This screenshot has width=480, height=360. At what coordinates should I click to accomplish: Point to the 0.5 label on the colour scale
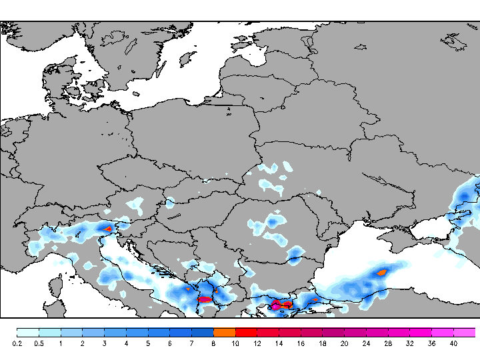pyautogui.click(x=39, y=343)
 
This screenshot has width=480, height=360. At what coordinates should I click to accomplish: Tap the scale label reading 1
pyautogui.click(x=61, y=343)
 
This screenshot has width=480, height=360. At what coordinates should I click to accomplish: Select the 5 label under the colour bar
pyautogui.click(x=148, y=343)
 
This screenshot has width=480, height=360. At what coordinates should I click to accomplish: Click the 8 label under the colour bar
pyautogui.click(x=213, y=343)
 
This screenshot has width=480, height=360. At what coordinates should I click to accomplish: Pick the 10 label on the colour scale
pyautogui.click(x=235, y=343)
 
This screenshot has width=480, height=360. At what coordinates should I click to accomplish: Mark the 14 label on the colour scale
pyautogui.click(x=279, y=343)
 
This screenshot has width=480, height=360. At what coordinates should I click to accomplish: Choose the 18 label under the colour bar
pyautogui.click(x=322, y=343)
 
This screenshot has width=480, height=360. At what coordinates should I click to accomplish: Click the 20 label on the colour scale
pyautogui.click(x=344, y=343)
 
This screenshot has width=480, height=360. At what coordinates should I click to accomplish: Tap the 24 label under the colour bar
pyautogui.click(x=366, y=343)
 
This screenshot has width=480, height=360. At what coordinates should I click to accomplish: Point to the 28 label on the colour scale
pyautogui.click(x=388, y=343)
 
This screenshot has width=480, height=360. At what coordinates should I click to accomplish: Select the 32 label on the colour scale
pyautogui.click(x=410, y=343)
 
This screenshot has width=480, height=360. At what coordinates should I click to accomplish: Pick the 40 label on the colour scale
pyautogui.click(x=453, y=343)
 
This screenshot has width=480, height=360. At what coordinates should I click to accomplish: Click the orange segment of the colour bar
pyautogui.click(x=225, y=332)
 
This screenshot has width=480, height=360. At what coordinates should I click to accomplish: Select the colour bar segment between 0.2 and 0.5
pyautogui.click(x=28, y=332)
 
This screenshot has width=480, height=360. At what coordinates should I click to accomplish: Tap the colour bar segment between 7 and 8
pyautogui.click(x=203, y=332)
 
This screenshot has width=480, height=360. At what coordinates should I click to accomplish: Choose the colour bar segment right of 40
pyautogui.click(x=465, y=332)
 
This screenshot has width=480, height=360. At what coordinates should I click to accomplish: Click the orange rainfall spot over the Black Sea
pyautogui.click(x=382, y=272)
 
